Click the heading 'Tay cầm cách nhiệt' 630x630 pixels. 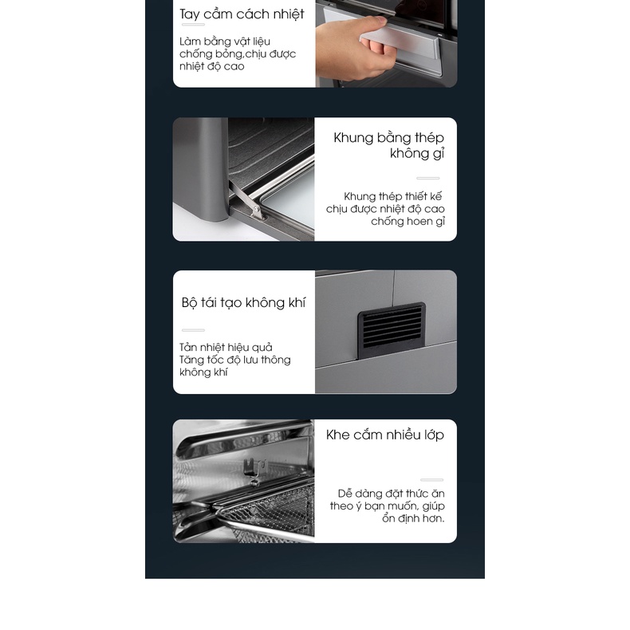pyautogui.click(x=242, y=14)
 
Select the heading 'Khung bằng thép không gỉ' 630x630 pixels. pyautogui.click(x=388, y=145)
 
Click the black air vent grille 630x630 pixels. pyautogui.click(x=391, y=330)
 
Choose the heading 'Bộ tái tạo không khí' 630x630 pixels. pyautogui.click(x=243, y=303)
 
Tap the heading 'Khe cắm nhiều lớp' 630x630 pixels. pyautogui.click(x=385, y=435)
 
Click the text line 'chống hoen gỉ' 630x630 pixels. pyautogui.click(x=408, y=222)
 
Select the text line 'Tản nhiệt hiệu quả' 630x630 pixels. pyautogui.click(x=226, y=347)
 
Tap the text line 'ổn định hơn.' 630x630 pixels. pyautogui.click(x=413, y=518)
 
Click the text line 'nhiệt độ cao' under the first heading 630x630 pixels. pyautogui.click(x=212, y=66)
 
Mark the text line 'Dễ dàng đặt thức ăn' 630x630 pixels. pyautogui.click(x=391, y=494)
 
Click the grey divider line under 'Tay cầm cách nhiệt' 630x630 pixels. pyautogui.click(x=193, y=25)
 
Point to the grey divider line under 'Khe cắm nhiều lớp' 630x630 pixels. pyautogui.click(x=432, y=480)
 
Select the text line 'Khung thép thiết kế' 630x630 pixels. pyautogui.click(x=392, y=196)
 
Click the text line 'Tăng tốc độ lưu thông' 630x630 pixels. pyautogui.click(x=235, y=360)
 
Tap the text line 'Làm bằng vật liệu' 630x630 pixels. pyautogui.click(x=225, y=41)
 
